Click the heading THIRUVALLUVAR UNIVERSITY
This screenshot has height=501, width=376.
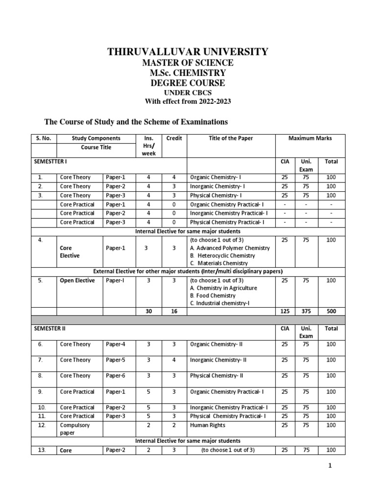[x=188, y=52]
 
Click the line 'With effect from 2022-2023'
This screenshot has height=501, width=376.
[x=188, y=101]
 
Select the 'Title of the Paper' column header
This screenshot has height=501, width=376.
[x=218, y=138]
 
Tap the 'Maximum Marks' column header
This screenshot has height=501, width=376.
[x=310, y=138]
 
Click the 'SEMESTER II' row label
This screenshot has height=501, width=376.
[x=49, y=328]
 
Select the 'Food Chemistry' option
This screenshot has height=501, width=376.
[x=213, y=296]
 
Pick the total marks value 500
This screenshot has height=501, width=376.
[x=331, y=311]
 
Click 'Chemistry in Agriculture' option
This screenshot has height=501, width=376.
[x=223, y=288]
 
